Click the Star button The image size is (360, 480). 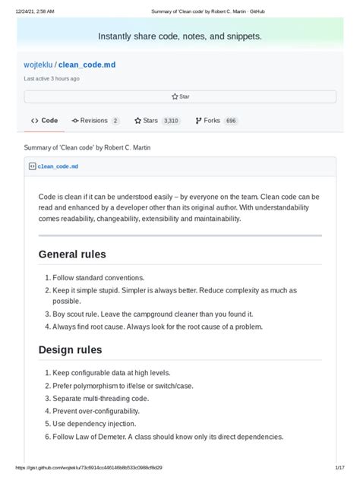point(180,96)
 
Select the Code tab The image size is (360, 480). point(45,120)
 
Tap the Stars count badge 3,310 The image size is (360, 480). point(171,120)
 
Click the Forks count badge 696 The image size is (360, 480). point(231,120)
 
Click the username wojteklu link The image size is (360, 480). point(38,65)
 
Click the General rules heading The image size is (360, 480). point(72,254)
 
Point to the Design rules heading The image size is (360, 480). point(70,349)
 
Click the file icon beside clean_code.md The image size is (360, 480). point(32,166)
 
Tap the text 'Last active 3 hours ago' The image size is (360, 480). point(52,78)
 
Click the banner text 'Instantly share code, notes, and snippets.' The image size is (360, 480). point(180,36)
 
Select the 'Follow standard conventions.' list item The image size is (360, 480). point(98,278)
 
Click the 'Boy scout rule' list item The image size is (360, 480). point(152,314)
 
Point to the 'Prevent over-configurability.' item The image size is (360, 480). point(100,411)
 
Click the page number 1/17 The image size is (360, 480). point(339,469)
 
